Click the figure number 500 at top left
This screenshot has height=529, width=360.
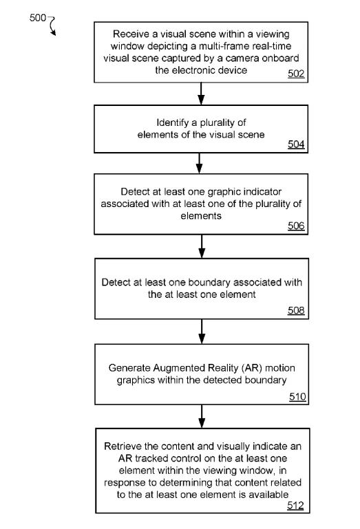click(37, 18)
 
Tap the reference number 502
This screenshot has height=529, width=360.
click(296, 74)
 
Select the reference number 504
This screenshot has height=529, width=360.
click(296, 144)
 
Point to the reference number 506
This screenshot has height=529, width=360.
click(296, 226)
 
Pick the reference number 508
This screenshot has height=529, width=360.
click(296, 310)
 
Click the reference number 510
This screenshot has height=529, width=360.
click(297, 396)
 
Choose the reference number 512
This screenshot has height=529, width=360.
click(295, 505)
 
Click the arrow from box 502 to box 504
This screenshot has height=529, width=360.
click(201, 94)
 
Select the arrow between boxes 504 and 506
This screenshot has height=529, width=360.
click(200, 163)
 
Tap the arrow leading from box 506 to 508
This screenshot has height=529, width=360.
click(202, 246)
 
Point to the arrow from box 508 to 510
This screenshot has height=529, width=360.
click(202, 332)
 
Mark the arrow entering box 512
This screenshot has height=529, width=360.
click(202, 416)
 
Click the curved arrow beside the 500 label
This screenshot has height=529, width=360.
click(52, 25)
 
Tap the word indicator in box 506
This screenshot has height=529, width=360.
click(263, 192)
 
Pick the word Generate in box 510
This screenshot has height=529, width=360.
click(129, 368)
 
